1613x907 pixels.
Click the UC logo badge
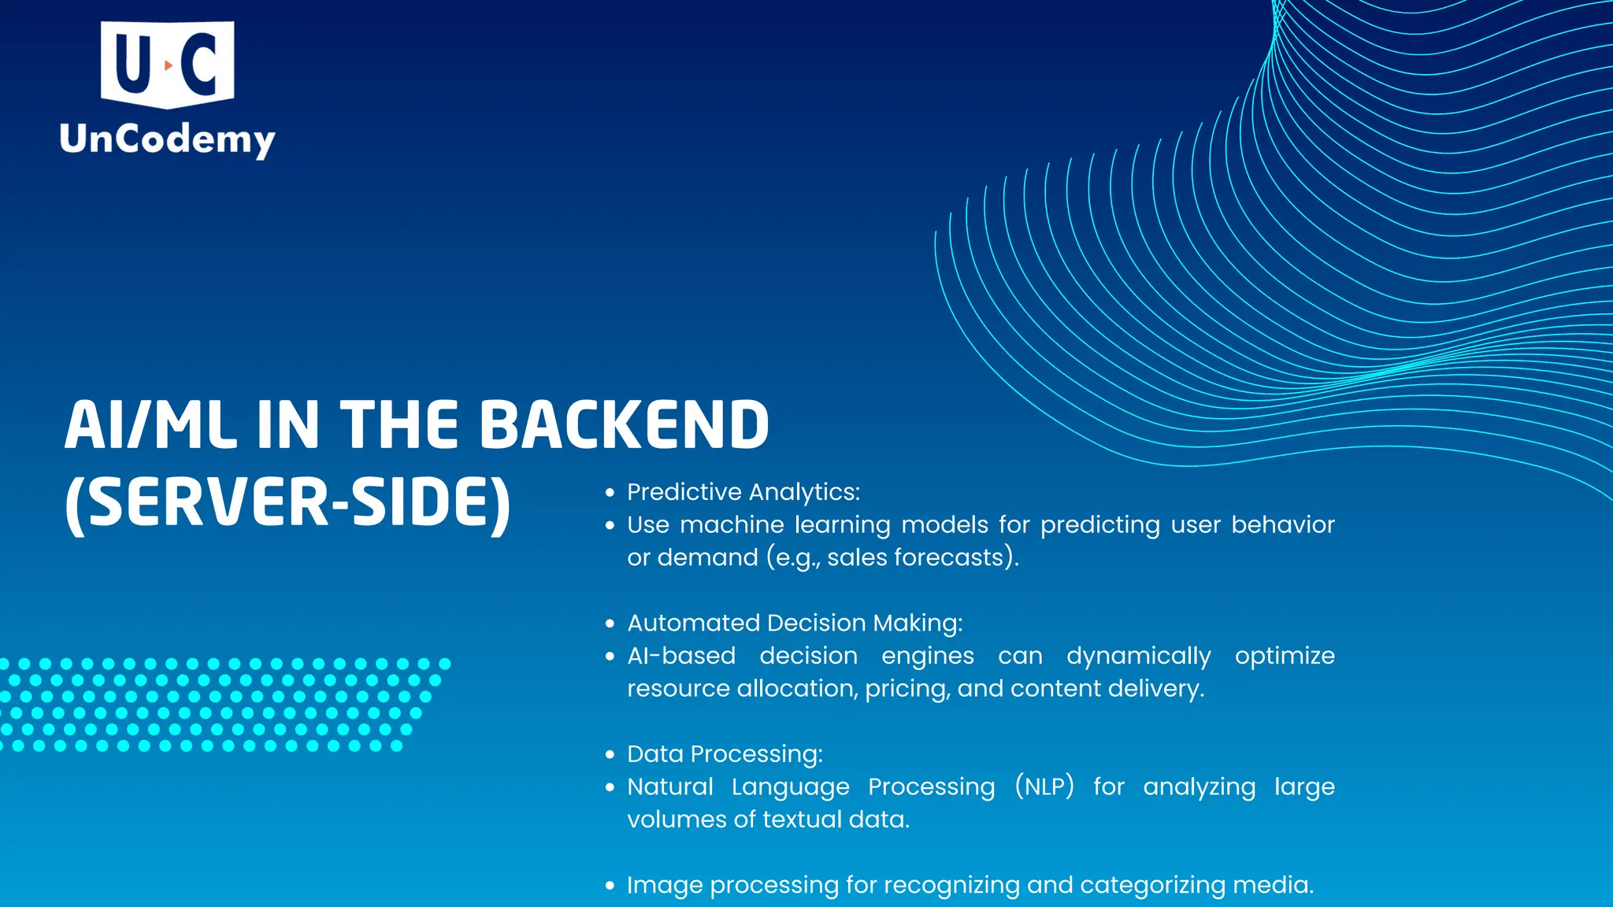pyautogui.click(x=167, y=63)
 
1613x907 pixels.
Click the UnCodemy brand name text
pyautogui.click(x=167, y=140)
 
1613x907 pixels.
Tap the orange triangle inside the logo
pyautogui.click(x=168, y=66)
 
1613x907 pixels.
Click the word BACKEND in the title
pyautogui.click(x=624, y=425)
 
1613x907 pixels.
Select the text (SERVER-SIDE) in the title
pyautogui.click(x=288, y=504)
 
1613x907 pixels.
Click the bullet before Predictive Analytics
pyautogui.click(x=610, y=493)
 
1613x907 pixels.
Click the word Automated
pyautogui.click(x=694, y=623)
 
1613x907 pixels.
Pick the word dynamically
pyautogui.click(x=1138, y=657)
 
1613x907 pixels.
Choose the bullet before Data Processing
pyautogui.click(x=610, y=755)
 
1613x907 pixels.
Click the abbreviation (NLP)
pyautogui.click(x=1044, y=787)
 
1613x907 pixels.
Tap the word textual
pyautogui.click(x=802, y=820)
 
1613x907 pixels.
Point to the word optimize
pyautogui.click(x=1284, y=657)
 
